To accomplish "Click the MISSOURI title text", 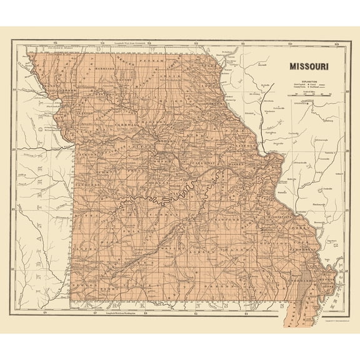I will pyautogui.click(x=309, y=65).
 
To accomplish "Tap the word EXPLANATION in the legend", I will pyautogui.click(x=309, y=81).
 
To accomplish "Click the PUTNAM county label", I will pyautogui.click(x=152, y=62).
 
